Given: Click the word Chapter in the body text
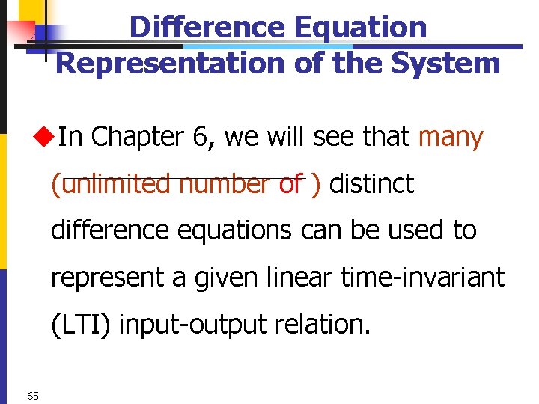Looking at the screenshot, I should coord(137,137).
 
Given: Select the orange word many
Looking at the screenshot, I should coord(451,137).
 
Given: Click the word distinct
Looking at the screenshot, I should coord(372,184).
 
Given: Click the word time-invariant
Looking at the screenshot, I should coord(423,278).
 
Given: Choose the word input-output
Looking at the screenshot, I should coord(185,325).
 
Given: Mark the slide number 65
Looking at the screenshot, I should coord(32,395).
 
